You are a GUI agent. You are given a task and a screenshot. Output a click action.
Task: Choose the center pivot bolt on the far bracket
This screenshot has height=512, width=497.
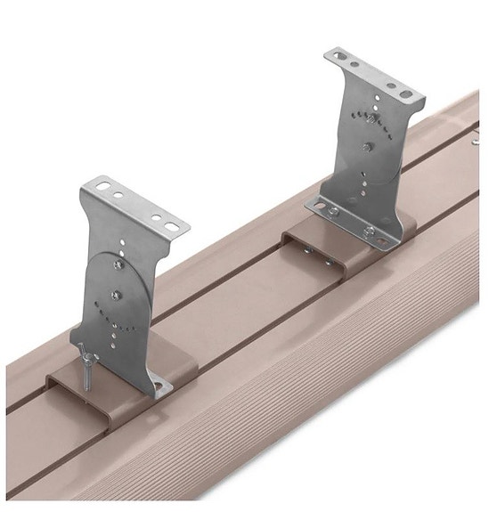(366, 147)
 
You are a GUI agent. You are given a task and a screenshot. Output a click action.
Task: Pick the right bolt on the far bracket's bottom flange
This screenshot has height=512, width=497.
(368, 232)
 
